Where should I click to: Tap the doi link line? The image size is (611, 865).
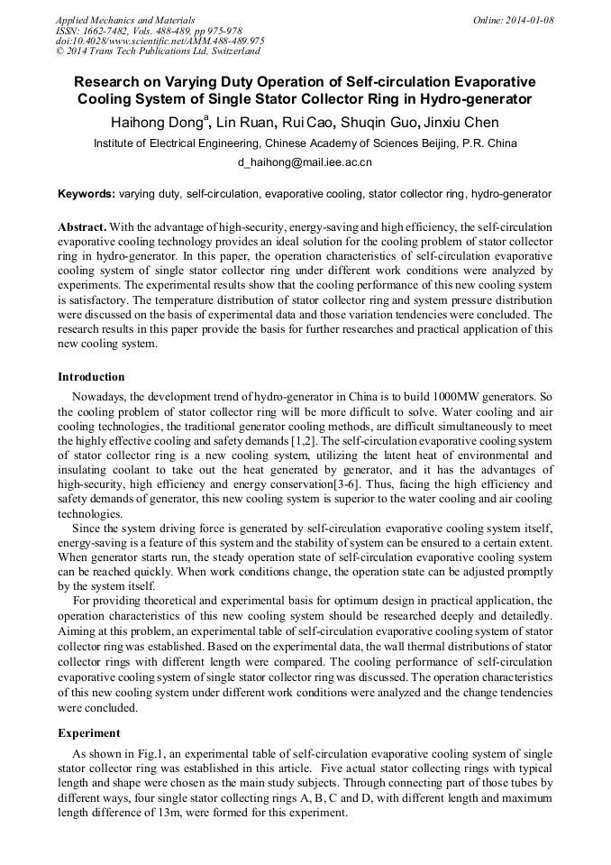click(x=160, y=41)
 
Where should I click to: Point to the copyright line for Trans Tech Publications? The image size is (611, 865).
click(x=158, y=51)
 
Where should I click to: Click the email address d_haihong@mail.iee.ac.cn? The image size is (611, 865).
click(x=305, y=163)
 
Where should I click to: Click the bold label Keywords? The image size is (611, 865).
click(x=87, y=194)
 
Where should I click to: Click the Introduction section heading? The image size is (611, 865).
click(x=91, y=377)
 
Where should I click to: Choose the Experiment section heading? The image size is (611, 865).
click(x=88, y=733)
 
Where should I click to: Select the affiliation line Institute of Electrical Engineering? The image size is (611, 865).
click(x=305, y=143)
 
